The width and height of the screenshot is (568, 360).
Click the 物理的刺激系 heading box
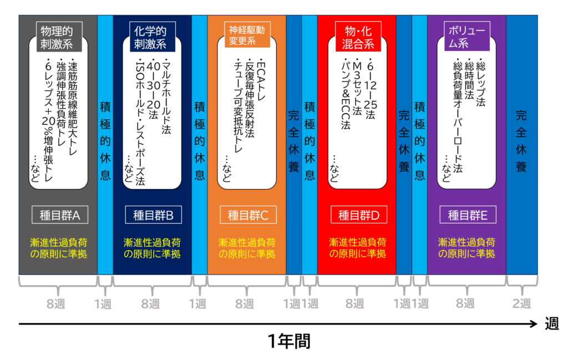[57, 36]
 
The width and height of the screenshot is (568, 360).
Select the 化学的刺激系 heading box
[150, 36]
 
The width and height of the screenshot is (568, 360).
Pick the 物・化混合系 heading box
[355, 36]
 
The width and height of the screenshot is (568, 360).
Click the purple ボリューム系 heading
[466, 36]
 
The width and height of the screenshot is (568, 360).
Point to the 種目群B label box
[154, 215]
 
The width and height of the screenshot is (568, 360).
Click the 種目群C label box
[248, 215]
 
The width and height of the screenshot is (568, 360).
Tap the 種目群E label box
[468, 215]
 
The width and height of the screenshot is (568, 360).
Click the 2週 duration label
[521, 303]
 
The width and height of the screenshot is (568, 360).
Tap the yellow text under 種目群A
[58, 248]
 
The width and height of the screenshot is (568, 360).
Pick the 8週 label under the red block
[355, 303]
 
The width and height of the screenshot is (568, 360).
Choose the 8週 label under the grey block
[57, 303]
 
